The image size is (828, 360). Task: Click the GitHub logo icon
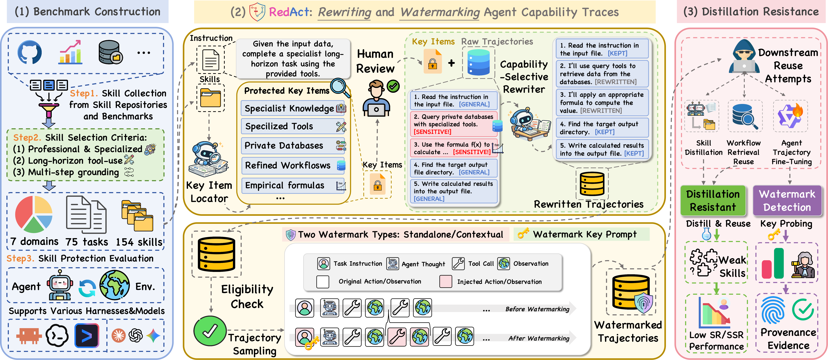[x=30, y=52]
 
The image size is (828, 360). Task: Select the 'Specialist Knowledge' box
[x=293, y=108]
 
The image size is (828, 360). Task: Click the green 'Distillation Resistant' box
[x=713, y=200]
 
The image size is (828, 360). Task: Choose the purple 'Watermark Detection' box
[x=787, y=200]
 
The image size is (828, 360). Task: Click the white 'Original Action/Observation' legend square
[x=323, y=281]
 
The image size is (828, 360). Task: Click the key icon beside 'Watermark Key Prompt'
[x=523, y=234]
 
